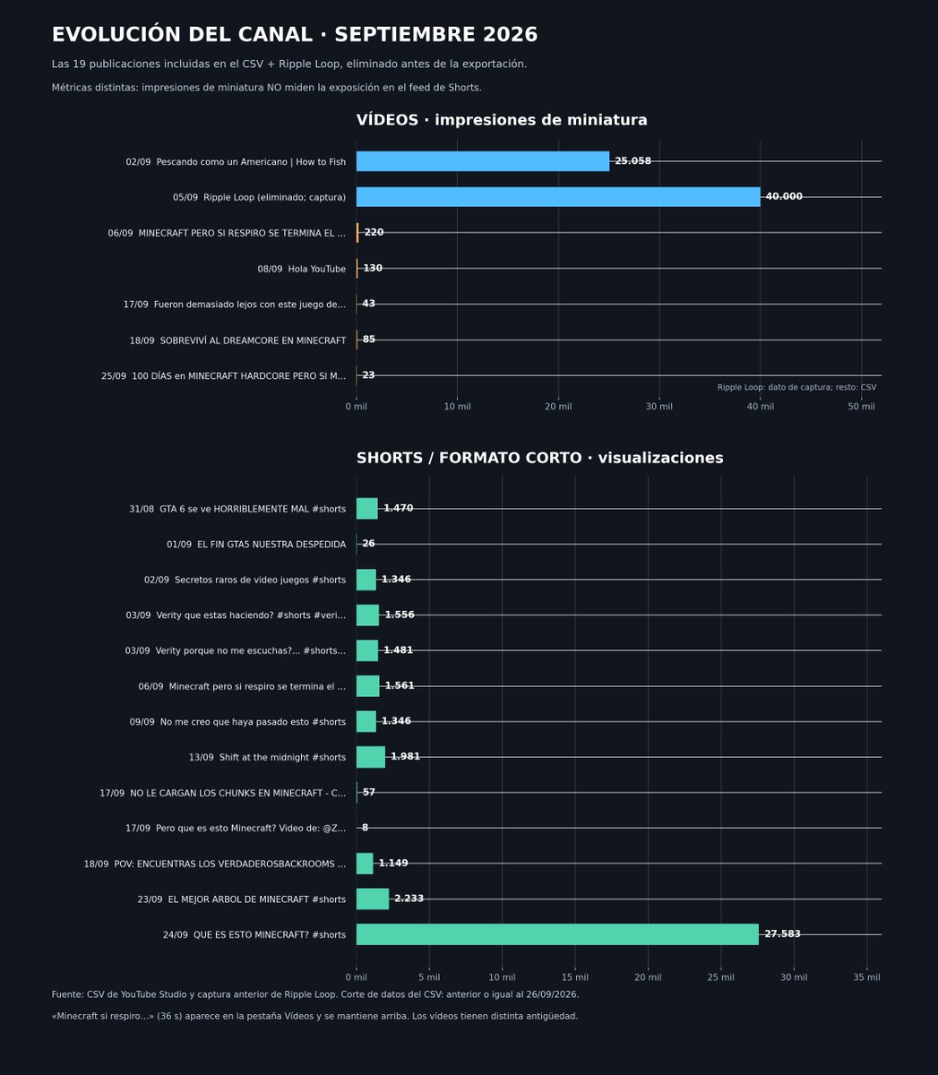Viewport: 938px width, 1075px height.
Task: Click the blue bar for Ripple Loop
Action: pyautogui.click(x=558, y=197)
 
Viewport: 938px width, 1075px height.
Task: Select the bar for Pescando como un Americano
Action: pyautogui.click(x=483, y=161)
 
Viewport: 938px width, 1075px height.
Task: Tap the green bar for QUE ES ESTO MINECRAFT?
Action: pyautogui.click(x=557, y=934)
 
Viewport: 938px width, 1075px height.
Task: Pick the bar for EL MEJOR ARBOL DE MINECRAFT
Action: pyautogui.click(x=373, y=899)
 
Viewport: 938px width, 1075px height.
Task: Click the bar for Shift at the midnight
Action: pyautogui.click(x=371, y=757)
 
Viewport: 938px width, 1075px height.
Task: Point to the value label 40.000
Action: pyautogui.click(x=784, y=196)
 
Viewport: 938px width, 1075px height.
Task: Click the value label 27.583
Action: pyautogui.click(x=782, y=933)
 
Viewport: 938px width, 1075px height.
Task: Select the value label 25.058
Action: pyautogui.click(x=633, y=160)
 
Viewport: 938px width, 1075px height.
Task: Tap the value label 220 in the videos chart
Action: pyautogui.click(x=374, y=232)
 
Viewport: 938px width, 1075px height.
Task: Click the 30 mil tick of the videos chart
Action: pyautogui.click(x=659, y=407)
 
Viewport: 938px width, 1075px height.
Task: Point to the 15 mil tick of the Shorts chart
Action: pyautogui.click(x=575, y=977)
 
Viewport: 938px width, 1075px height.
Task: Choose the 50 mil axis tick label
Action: pyautogui.click(x=861, y=407)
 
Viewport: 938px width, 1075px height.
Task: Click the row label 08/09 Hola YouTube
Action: pyautogui.click(x=302, y=269)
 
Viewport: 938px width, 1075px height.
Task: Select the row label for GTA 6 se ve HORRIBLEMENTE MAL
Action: pyautogui.click(x=237, y=509)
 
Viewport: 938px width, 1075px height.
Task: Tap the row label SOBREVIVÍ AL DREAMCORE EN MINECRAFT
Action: pyautogui.click(x=237, y=340)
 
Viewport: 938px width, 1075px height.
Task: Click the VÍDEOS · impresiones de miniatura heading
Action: pyautogui.click(x=502, y=120)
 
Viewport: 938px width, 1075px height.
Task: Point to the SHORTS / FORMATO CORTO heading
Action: pyautogui.click(x=469, y=458)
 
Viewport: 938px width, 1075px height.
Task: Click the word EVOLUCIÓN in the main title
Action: pyautogui.click(x=116, y=34)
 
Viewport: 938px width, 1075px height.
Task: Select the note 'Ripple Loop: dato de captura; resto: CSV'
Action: pyautogui.click(x=796, y=387)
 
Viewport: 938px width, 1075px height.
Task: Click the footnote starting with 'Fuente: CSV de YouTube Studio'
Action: pyautogui.click(x=315, y=994)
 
